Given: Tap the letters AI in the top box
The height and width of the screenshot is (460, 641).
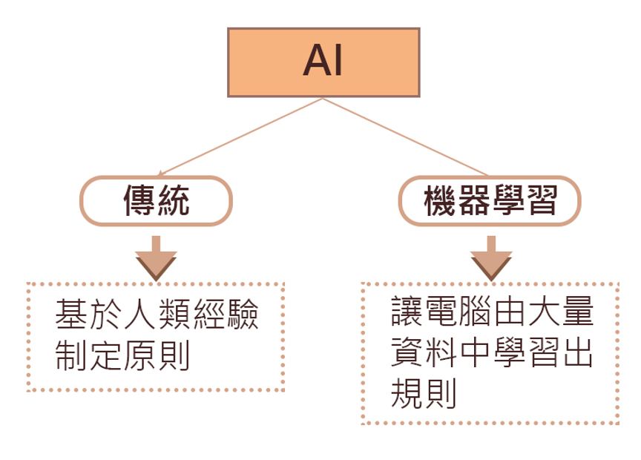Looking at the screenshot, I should point(323,62).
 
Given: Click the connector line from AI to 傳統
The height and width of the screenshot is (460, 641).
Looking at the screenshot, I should point(237,137).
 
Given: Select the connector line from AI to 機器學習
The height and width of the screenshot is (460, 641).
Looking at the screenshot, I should point(408,137).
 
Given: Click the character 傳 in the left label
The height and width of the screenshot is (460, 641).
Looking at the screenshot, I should point(139,200).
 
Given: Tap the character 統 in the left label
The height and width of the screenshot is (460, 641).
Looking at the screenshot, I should point(173,200).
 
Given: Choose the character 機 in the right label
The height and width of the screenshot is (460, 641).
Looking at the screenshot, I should point(439,200).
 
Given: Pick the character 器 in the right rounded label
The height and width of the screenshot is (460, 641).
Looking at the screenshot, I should point(473,200).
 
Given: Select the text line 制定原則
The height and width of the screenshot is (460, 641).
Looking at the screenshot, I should point(123,356).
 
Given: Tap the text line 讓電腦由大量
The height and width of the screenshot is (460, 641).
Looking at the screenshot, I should point(492,312).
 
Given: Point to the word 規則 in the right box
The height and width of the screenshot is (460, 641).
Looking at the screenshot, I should point(424,395).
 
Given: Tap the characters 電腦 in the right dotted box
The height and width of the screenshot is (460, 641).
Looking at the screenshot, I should point(458,312).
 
